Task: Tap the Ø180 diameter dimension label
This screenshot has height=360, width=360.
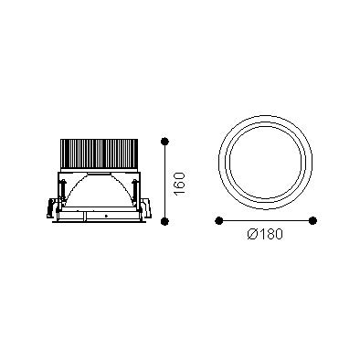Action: pyautogui.click(x=265, y=234)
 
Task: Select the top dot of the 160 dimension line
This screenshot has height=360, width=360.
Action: pyautogui.click(x=164, y=142)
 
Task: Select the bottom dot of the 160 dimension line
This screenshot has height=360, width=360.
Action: pyautogui.click(x=164, y=221)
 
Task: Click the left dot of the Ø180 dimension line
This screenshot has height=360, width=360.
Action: pyautogui.click(x=218, y=220)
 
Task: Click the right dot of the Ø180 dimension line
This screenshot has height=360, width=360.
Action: pyautogui.click(x=312, y=220)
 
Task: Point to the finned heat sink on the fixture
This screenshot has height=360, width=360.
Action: pyautogui.click(x=100, y=154)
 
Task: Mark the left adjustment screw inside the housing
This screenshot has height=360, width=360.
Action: pyautogui.click(x=63, y=190)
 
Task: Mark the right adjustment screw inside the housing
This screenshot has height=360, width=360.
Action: pyautogui.click(x=134, y=190)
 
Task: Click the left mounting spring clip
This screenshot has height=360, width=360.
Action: pyautogui.click(x=50, y=208)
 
